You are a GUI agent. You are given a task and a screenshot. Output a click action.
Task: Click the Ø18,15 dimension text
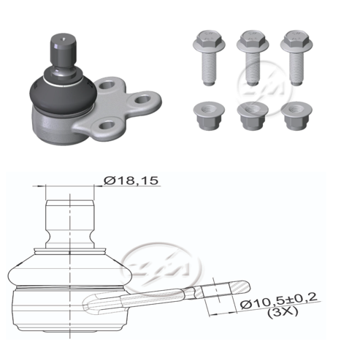tap(131, 180)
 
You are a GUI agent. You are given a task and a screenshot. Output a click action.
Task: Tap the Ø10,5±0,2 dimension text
tap(279, 300)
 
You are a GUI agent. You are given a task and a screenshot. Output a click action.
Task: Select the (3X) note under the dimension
tap(283, 312)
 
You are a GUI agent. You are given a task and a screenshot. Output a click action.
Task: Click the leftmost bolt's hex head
tap(209, 41)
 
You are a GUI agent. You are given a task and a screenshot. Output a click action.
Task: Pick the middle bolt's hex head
tap(253, 41)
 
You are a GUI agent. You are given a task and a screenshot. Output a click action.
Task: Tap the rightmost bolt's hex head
tap(296, 41)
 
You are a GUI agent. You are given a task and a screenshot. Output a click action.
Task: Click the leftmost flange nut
tap(209, 115)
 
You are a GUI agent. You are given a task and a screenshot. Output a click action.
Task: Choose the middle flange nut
tap(253, 115)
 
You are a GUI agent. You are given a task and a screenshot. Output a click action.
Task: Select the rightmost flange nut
tap(296, 115)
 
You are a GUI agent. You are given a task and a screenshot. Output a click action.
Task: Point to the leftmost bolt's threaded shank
tap(209, 67)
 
